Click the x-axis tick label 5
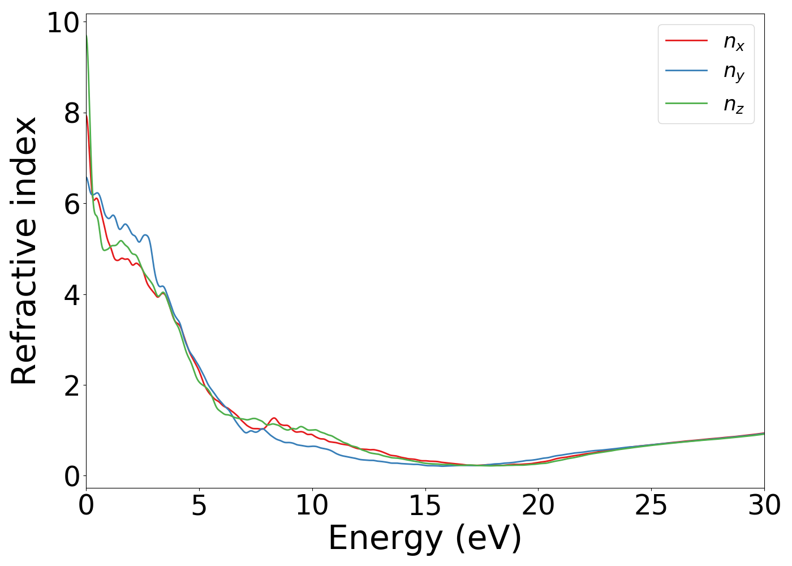(x=199, y=505)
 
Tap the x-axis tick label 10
(x=312, y=505)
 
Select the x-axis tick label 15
(x=425, y=505)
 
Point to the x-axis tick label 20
(x=538, y=505)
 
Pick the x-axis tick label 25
(x=651, y=505)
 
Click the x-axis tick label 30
(x=764, y=505)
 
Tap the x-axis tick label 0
(x=86, y=505)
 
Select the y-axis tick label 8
(x=72, y=114)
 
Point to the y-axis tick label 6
(x=72, y=204)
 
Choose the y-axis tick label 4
(x=72, y=295)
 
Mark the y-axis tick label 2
(x=72, y=385)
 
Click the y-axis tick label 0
(x=72, y=477)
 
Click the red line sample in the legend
(x=686, y=41)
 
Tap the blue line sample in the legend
(x=686, y=71)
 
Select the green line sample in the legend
(x=686, y=103)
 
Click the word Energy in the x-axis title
(x=385, y=538)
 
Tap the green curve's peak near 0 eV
(x=87, y=36)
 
